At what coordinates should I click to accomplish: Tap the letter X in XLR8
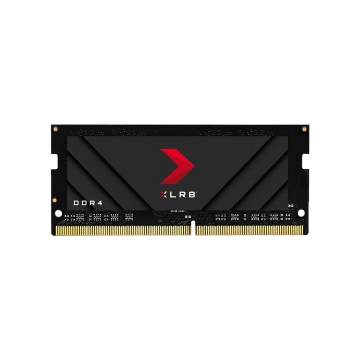(164, 195)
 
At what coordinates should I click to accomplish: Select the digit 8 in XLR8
(191, 195)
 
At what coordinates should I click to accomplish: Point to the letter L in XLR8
(173, 195)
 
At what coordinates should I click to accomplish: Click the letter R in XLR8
(182, 195)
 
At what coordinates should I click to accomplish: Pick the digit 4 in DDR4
(100, 203)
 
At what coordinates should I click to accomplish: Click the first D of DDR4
(76, 203)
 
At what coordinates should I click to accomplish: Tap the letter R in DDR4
(92, 203)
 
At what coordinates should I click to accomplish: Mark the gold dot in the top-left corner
(55, 129)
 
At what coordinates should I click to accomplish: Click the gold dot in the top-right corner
(304, 129)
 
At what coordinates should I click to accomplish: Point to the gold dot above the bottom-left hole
(55, 200)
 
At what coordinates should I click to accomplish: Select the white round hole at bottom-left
(59, 213)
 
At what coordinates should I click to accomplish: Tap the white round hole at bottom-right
(301, 213)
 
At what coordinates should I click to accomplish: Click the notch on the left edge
(55, 162)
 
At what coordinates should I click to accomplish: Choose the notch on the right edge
(305, 161)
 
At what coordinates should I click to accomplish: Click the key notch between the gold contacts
(193, 228)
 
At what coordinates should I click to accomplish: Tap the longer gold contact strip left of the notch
(123, 230)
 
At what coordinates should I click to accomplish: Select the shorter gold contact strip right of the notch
(249, 230)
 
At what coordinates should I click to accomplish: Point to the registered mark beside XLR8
(196, 192)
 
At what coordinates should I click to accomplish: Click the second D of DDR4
(84, 203)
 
